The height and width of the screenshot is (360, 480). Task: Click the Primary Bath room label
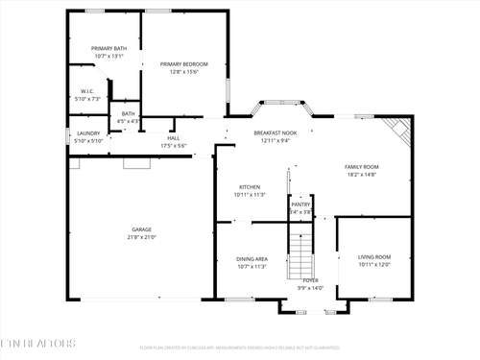tap(108, 48)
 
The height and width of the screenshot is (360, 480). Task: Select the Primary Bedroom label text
tap(182, 64)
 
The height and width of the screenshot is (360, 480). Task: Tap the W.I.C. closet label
tap(86, 92)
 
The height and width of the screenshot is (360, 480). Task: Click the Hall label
tap(173, 138)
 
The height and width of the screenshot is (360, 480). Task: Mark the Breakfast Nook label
tap(275, 132)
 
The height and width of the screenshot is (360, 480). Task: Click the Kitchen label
tap(250, 187)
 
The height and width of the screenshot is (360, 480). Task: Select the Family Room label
tap(362, 167)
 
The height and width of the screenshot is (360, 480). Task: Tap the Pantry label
tap(300, 204)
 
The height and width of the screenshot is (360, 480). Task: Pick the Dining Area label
tap(252, 259)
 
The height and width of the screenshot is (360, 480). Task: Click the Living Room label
tap(374, 257)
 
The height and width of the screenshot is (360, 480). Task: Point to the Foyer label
tap(310, 280)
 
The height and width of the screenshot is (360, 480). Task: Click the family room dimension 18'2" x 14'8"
tap(362, 175)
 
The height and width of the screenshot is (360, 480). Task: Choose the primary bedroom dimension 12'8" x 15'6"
tap(182, 72)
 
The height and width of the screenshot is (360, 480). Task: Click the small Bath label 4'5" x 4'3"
tap(128, 117)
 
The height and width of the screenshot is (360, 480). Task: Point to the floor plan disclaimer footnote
tap(240, 348)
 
